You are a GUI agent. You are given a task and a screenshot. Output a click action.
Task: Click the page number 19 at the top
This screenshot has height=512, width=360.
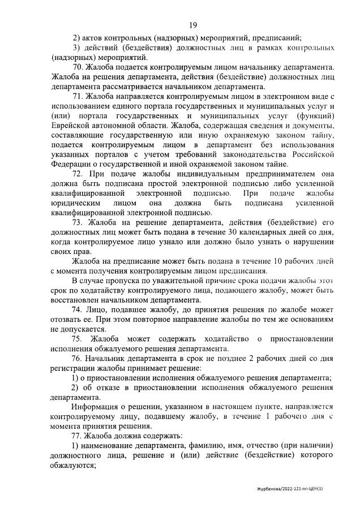pyautogui.click(x=192, y=25)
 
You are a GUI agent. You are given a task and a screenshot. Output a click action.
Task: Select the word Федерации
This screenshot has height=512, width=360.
pyautogui.click(x=71, y=164)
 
